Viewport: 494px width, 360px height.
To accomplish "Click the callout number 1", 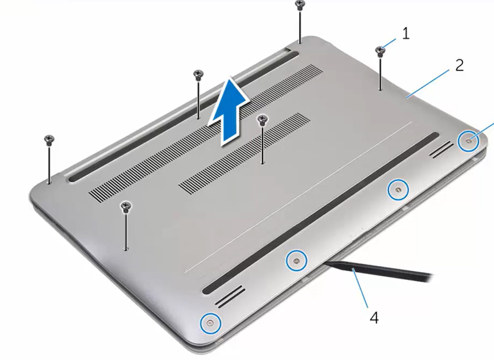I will click(x=406, y=34).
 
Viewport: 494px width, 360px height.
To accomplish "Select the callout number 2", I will click(x=459, y=65).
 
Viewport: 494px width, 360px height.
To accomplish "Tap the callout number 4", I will click(x=374, y=317).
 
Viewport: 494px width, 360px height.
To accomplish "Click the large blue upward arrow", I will click(x=229, y=111).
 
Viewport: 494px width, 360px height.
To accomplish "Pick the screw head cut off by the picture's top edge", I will click(x=299, y=4).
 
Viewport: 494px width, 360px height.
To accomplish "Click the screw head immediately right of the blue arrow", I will click(x=262, y=119).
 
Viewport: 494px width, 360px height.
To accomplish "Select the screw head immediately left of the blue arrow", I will click(x=198, y=75).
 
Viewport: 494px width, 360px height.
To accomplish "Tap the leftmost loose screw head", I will click(x=48, y=139).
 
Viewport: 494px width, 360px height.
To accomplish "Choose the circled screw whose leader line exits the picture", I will click(x=468, y=141).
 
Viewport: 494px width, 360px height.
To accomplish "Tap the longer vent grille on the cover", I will click(x=207, y=128).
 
